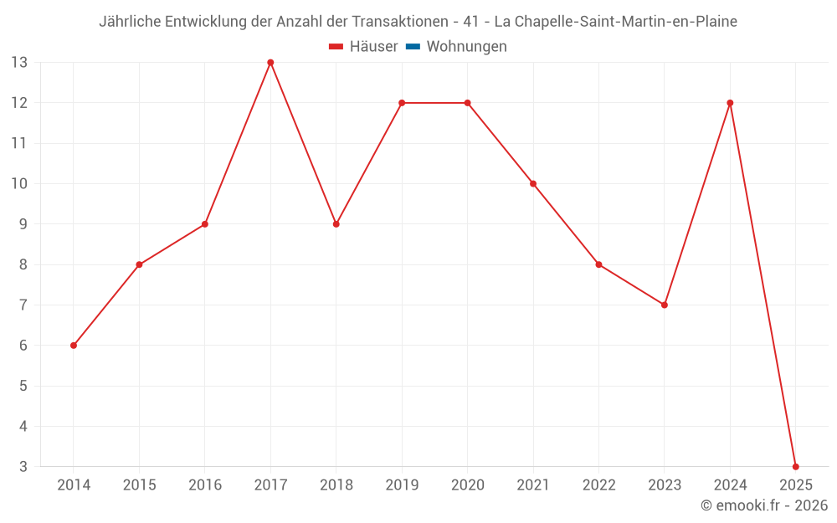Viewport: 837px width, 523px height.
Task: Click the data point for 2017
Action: point(270,63)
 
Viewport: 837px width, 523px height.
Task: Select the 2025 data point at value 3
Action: point(795,466)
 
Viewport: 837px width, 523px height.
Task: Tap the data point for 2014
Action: point(74,345)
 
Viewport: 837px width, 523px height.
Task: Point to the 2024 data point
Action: point(730,103)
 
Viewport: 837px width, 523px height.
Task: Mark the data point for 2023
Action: point(664,305)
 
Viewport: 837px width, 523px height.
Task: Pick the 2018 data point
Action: point(336,224)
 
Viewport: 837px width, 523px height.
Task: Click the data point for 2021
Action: point(533,183)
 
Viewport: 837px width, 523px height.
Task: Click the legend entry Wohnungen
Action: point(466,47)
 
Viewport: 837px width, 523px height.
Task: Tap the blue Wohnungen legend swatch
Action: point(413,47)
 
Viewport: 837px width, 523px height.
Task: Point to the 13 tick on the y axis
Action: point(19,63)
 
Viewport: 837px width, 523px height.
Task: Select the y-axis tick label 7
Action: point(23,305)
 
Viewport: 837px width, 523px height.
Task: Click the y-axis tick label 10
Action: point(19,183)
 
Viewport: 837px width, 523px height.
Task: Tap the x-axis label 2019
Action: point(402,485)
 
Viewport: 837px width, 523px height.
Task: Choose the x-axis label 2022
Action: point(598,485)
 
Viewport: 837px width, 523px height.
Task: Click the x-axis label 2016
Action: point(205,485)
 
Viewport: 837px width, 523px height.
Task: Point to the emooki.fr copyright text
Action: point(764,505)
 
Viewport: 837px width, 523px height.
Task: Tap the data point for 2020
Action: point(467,103)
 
